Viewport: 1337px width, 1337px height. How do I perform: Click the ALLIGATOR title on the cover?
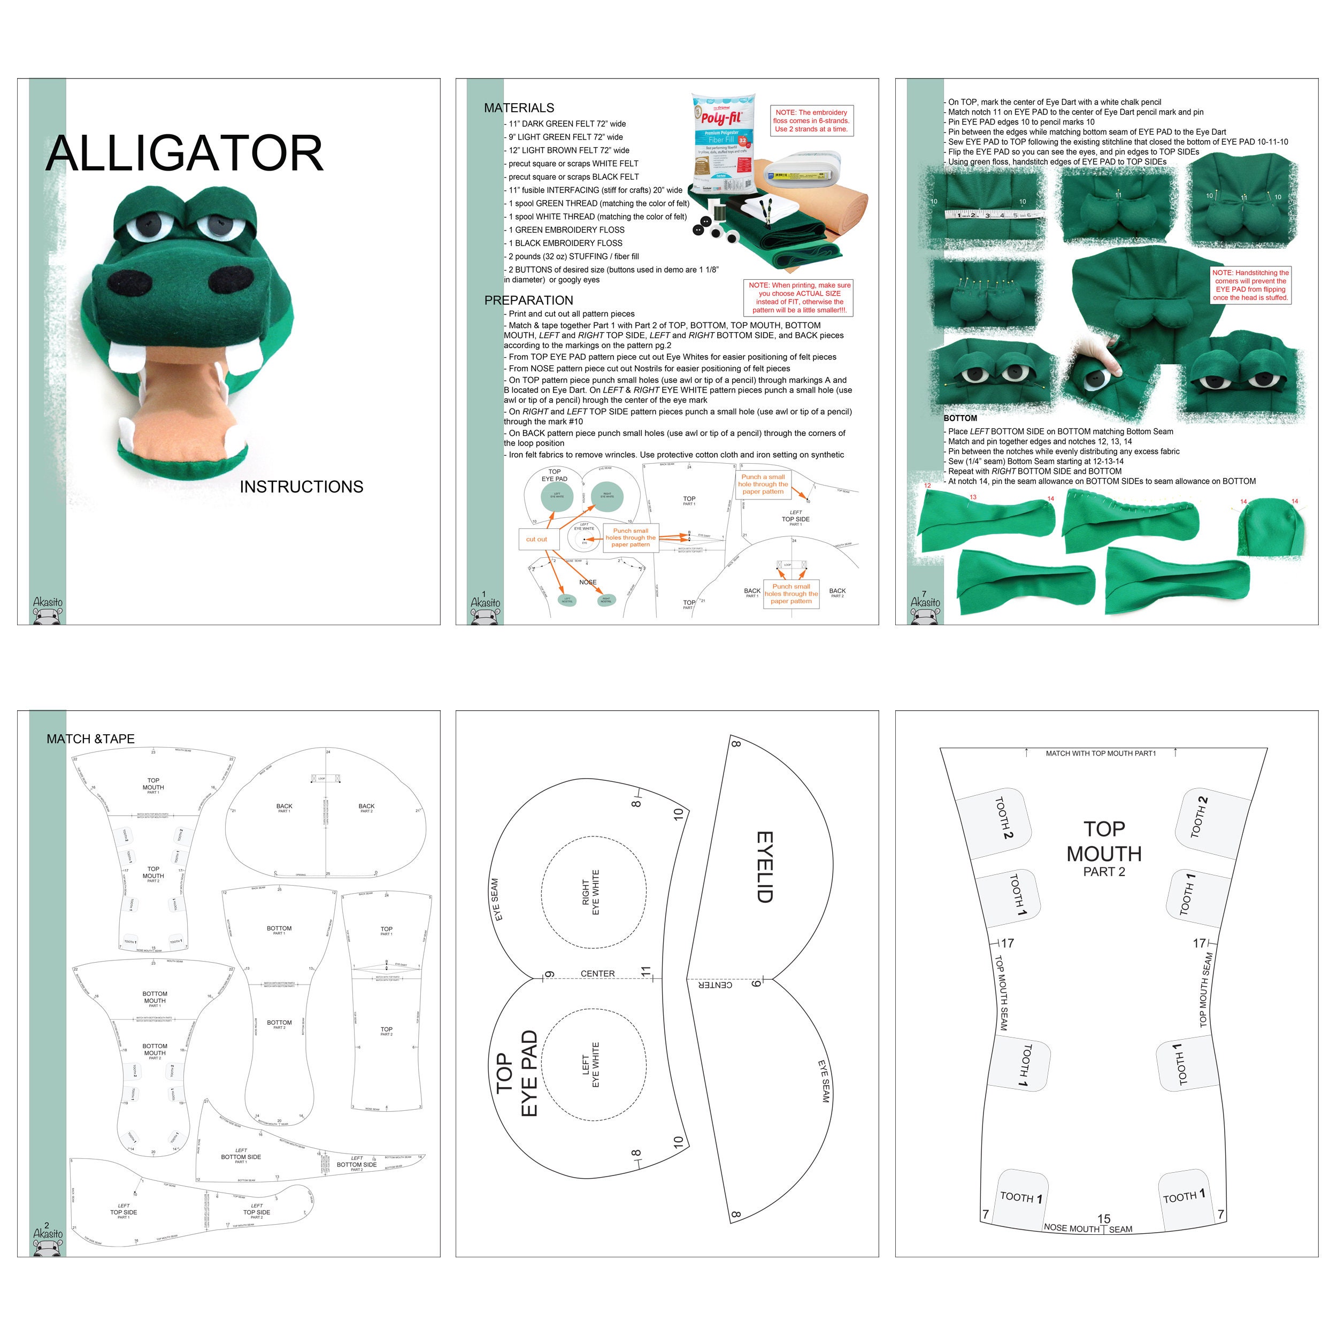pyautogui.click(x=184, y=153)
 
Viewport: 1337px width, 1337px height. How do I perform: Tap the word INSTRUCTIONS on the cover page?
pyautogui.click(x=301, y=487)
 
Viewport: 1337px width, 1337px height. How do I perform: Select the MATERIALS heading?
pyautogui.click(x=519, y=108)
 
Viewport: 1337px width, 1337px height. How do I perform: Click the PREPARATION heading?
pyautogui.click(x=529, y=301)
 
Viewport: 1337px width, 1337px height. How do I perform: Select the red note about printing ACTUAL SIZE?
pyautogui.click(x=800, y=297)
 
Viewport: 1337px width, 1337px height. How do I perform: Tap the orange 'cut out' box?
pyautogui.click(x=536, y=539)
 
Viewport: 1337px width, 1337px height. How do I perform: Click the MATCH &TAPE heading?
pyautogui.click(x=91, y=739)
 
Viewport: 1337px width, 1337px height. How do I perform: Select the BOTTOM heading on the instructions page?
pyautogui.click(x=961, y=418)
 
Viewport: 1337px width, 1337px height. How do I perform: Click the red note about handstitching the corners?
pyautogui.click(x=1250, y=285)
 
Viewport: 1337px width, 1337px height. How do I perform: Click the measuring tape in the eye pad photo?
pyautogui.click(x=994, y=215)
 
